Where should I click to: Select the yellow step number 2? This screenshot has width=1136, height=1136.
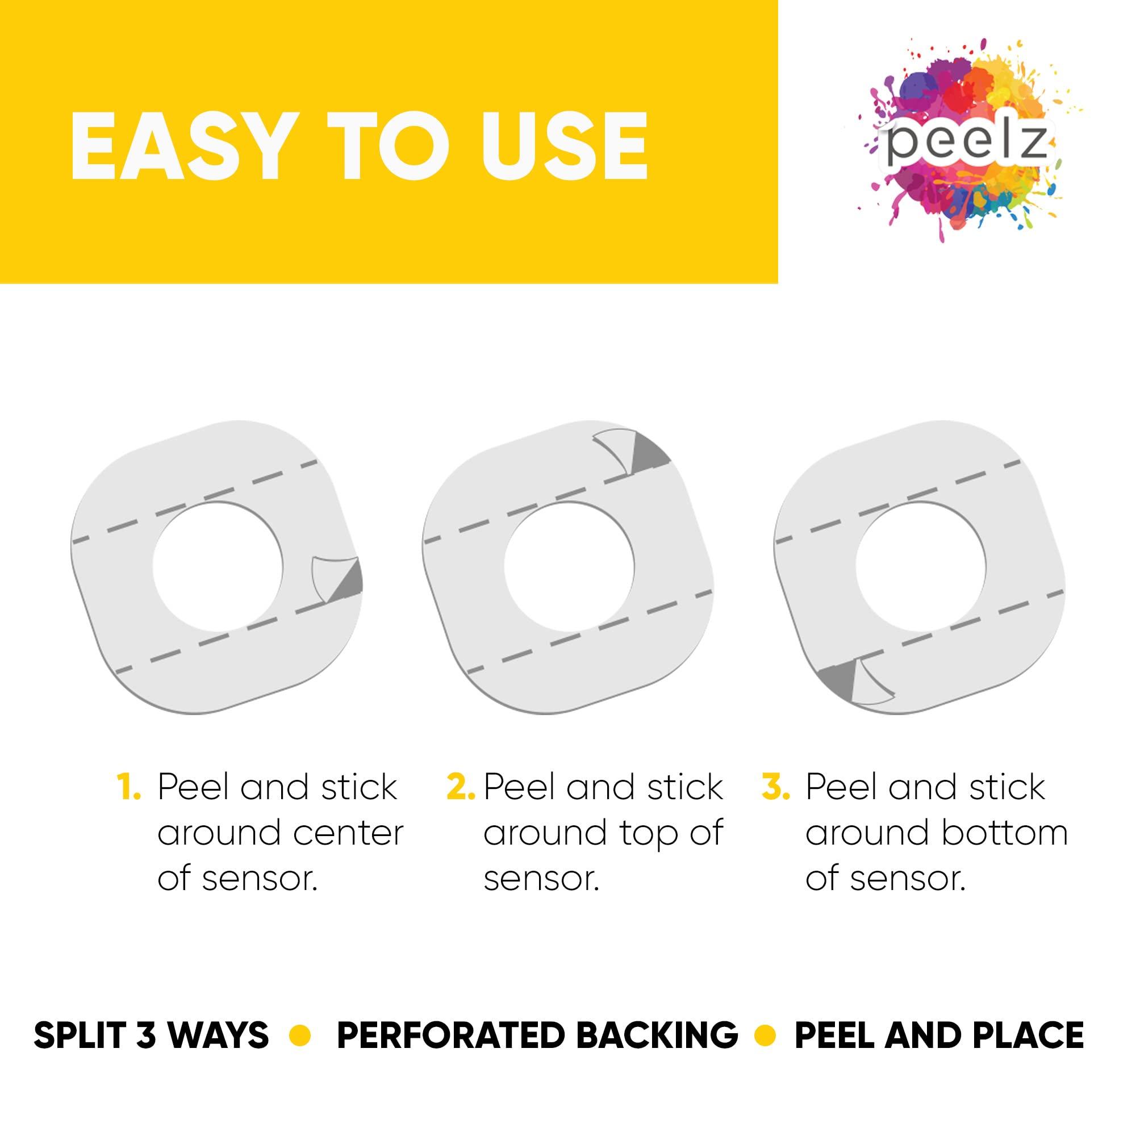tap(461, 787)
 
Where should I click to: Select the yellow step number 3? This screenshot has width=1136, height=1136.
tap(775, 787)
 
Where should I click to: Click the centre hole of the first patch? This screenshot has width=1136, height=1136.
tap(218, 566)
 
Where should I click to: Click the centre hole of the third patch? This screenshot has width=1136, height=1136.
tap(921, 566)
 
